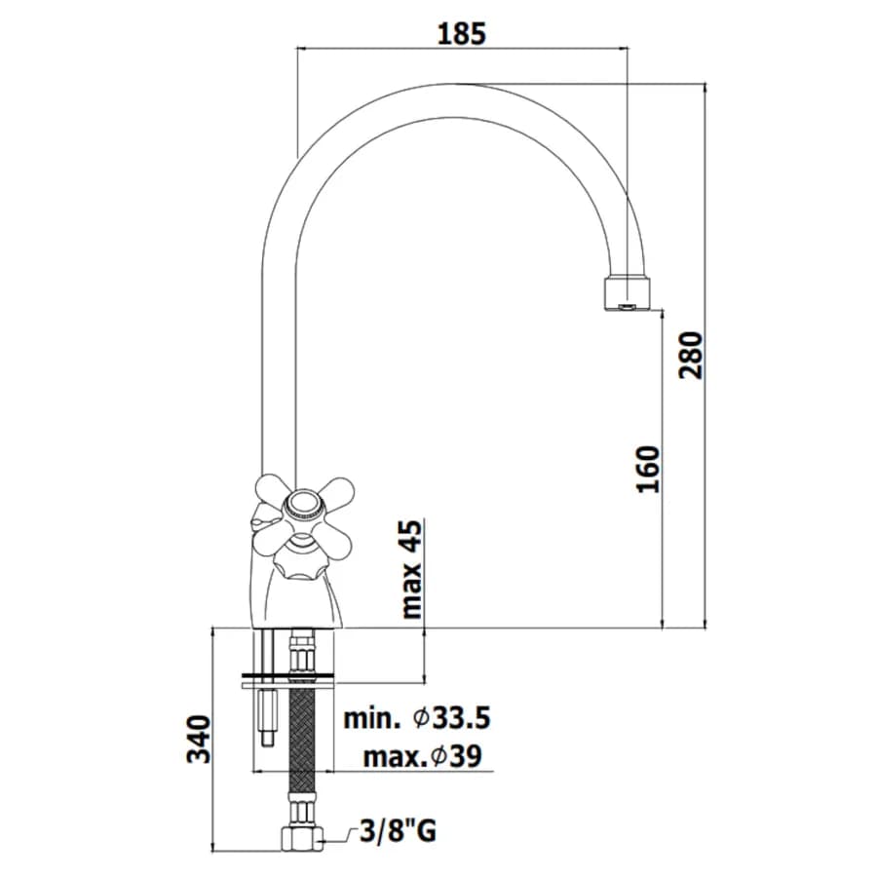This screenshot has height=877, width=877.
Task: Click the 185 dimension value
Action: pyautogui.click(x=462, y=34)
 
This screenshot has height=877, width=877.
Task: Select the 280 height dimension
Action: pyautogui.click(x=690, y=355)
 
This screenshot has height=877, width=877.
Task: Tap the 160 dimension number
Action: pyautogui.click(x=649, y=469)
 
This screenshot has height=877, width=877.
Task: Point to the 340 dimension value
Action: pyautogui.click(x=199, y=739)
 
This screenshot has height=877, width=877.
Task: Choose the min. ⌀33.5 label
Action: pyautogui.click(x=417, y=717)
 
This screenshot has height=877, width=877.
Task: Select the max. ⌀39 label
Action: pyautogui.click(x=422, y=757)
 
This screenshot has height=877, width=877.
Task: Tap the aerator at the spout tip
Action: pyautogui.click(x=629, y=292)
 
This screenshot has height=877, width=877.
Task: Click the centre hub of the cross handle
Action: pyautogui.click(x=302, y=506)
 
